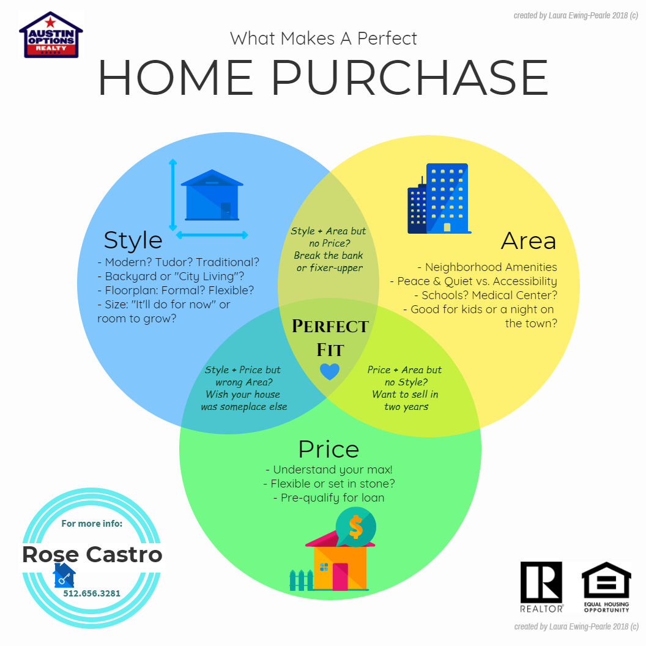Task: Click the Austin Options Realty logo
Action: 51,35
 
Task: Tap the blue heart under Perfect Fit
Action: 330,371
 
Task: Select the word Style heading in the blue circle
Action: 133,240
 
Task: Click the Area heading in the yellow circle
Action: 529,240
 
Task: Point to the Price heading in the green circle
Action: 329,448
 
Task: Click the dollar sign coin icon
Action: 355,527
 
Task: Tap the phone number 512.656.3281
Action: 92,593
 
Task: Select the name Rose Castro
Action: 92,554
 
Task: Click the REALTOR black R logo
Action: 541,582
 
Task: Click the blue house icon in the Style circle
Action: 212,195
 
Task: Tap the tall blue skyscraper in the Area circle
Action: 447,198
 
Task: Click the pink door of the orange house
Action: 340,576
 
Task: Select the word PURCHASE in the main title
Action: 410,78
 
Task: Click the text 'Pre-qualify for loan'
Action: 329,498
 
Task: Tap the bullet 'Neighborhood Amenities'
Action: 488,267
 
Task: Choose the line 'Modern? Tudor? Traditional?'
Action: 179,262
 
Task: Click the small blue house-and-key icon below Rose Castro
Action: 64,575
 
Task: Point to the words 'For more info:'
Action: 92,524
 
